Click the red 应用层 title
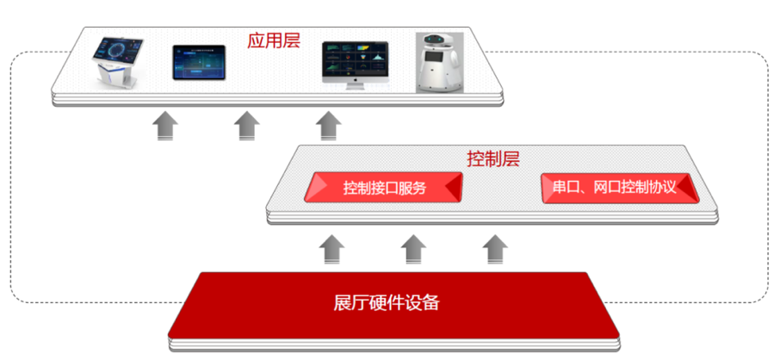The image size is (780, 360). [x=274, y=40]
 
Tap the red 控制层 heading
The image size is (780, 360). [x=493, y=158]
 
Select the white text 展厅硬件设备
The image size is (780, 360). [x=386, y=302]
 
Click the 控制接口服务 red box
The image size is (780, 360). [x=383, y=187]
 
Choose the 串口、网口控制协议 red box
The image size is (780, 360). [x=620, y=188]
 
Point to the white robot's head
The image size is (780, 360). [x=436, y=42]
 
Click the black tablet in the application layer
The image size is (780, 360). [x=199, y=63]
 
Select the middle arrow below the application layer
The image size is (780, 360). [x=247, y=126]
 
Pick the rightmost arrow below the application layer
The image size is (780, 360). [x=328, y=126]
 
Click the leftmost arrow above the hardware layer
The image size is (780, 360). [x=331, y=249]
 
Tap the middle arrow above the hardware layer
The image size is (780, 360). [x=413, y=249]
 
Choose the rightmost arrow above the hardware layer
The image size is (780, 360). [x=495, y=249]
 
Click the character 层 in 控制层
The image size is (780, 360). [x=511, y=158]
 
